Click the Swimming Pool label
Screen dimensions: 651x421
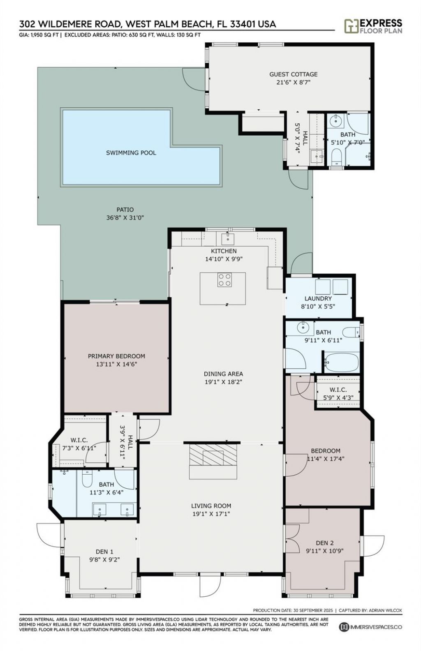[x=131, y=153]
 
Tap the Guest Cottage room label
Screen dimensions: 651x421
[x=293, y=74]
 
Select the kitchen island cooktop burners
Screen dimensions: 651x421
[x=224, y=280]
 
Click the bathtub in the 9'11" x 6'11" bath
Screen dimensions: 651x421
[x=341, y=362]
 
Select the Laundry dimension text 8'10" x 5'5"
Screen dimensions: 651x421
[x=318, y=306]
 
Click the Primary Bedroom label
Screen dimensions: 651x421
[x=116, y=356]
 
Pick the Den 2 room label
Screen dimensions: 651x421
[x=324, y=542]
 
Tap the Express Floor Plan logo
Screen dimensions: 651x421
[x=373, y=26]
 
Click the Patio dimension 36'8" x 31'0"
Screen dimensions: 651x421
[x=125, y=218]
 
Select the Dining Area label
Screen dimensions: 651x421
[x=223, y=374]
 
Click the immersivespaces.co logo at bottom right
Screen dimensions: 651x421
[x=370, y=627]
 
